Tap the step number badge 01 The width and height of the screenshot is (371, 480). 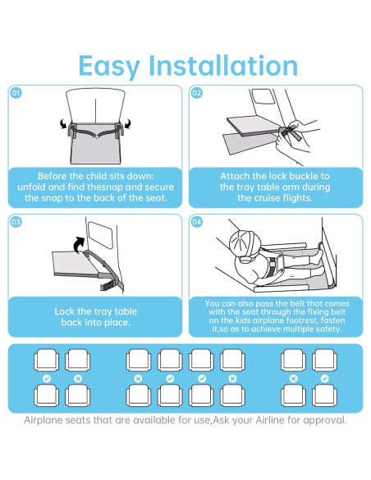pyautogui.click(x=16, y=94)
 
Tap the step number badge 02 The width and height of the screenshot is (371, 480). pyautogui.click(x=196, y=94)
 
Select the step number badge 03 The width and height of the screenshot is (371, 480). pyautogui.click(x=16, y=222)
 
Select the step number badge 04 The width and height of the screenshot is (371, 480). pyautogui.click(x=196, y=222)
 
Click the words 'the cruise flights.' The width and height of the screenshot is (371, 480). pyautogui.click(x=275, y=198)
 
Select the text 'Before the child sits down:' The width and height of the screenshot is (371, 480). pyautogui.click(x=97, y=176)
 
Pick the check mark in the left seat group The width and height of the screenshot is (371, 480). pyautogui.click(x=47, y=378)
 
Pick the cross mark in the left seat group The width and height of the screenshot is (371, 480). pyautogui.click(x=78, y=378)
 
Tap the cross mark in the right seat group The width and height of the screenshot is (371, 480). pyautogui.click(x=294, y=378)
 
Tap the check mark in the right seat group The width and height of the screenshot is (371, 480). pyautogui.click(x=325, y=378)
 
